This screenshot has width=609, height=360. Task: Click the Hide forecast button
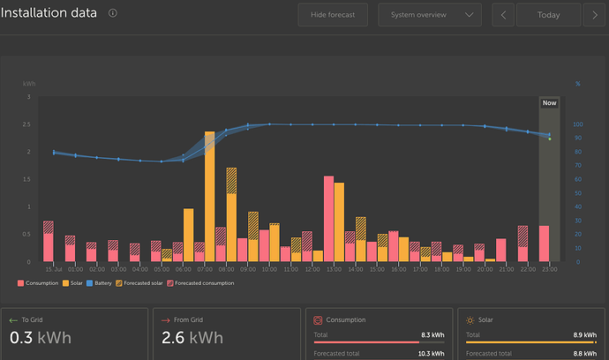(x=333, y=15)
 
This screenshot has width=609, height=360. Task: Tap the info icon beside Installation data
(x=113, y=14)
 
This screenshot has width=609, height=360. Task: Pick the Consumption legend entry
(x=38, y=283)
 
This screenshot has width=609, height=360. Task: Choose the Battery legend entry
(x=100, y=283)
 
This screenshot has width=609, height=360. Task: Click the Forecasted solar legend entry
(x=141, y=283)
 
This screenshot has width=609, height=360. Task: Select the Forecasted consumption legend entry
(x=204, y=283)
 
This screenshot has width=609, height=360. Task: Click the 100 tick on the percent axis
(x=579, y=124)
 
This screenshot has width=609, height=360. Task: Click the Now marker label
(x=549, y=103)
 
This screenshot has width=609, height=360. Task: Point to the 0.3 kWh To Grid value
(x=40, y=337)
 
